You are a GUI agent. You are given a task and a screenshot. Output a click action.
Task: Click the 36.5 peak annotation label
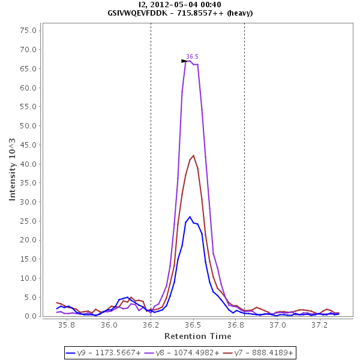192,56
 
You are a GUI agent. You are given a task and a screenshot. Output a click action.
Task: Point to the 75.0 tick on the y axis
29,31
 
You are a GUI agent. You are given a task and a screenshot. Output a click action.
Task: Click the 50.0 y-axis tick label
29,126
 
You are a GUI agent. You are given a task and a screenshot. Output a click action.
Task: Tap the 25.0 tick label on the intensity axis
29,221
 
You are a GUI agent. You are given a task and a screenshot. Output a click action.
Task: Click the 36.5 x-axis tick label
193,325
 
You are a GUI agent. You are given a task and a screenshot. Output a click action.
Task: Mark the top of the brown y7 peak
193,155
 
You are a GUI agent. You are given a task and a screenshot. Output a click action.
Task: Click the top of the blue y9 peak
190,217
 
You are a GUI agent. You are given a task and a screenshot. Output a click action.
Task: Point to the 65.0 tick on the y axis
29,69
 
